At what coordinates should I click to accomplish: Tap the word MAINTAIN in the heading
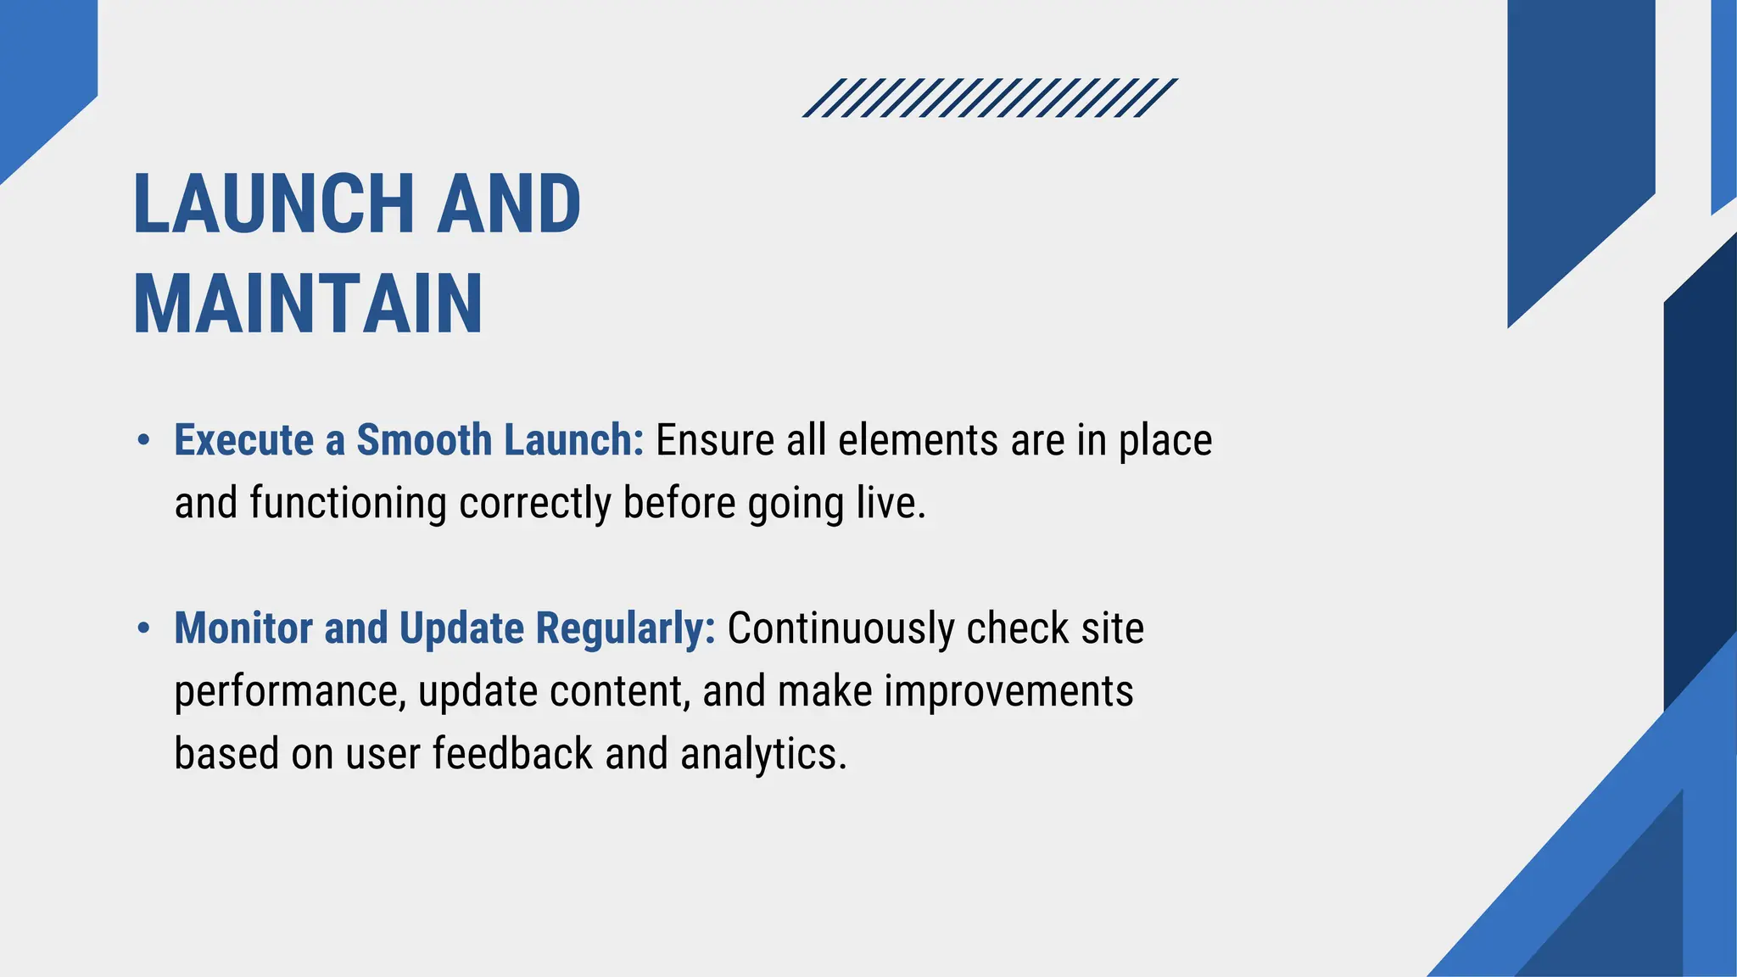[308, 305]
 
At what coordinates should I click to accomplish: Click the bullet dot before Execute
[143, 440]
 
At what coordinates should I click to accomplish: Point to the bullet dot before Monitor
[143, 628]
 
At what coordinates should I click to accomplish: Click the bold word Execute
[244, 440]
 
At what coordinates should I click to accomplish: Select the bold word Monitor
[244, 628]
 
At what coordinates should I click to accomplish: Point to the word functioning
[348, 503]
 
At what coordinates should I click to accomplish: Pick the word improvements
[1008, 691]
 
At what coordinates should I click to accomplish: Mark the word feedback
[512, 754]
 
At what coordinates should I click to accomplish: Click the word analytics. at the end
[763, 754]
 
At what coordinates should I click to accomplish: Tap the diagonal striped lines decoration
[990, 98]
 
